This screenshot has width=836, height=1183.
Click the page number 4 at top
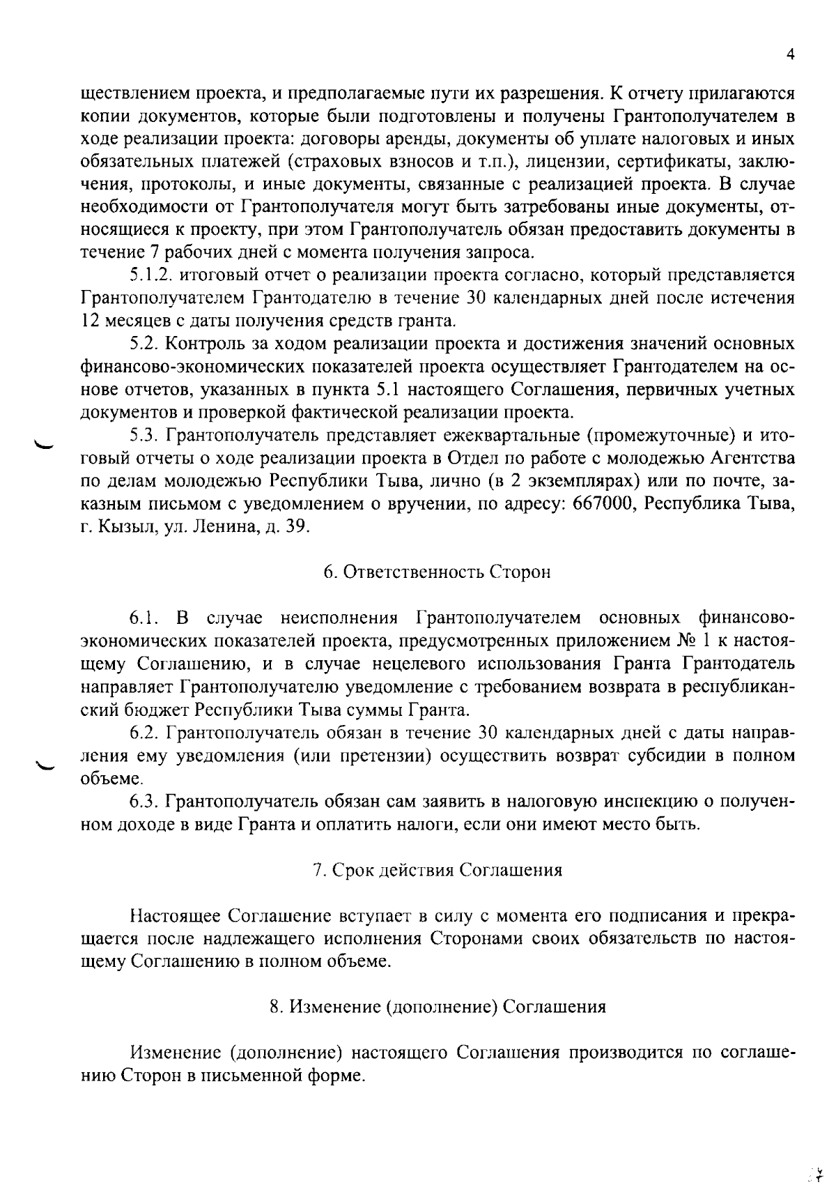click(790, 55)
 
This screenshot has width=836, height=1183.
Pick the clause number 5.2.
click(144, 344)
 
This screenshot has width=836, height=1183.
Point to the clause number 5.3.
click(144, 436)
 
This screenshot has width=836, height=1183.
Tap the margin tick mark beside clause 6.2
click(45, 765)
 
